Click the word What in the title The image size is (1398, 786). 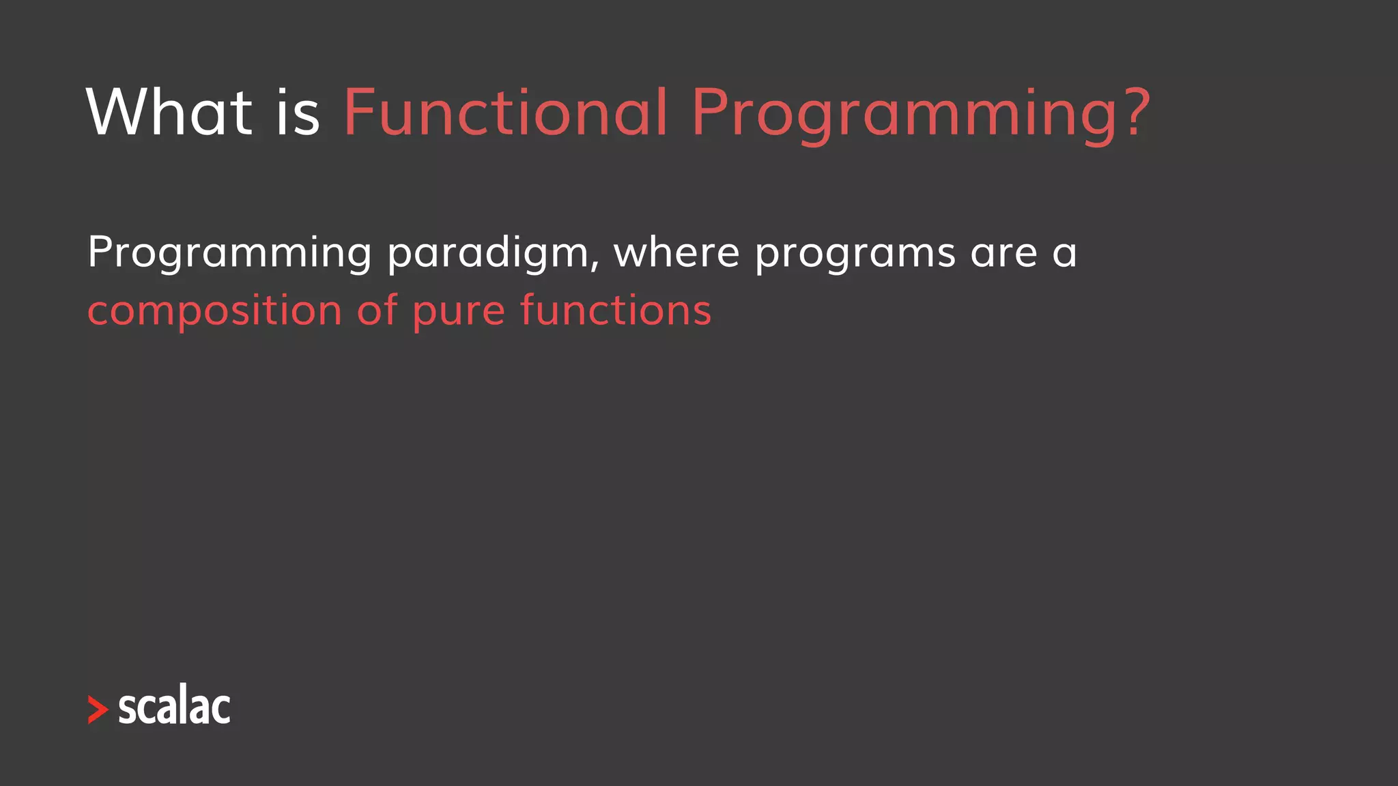pyautogui.click(x=169, y=112)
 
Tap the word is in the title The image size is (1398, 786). pyautogui.click(x=298, y=112)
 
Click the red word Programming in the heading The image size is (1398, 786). pyautogui.click(x=905, y=112)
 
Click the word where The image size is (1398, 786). pyautogui.click(x=676, y=252)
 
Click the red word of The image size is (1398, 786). pyautogui.click(x=377, y=310)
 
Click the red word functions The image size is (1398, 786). pyautogui.click(x=616, y=310)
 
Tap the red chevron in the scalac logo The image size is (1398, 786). pyautogui.click(x=98, y=710)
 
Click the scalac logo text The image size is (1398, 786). pyautogui.click(x=175, y=705)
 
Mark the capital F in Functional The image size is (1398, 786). pyautogui.click(x=359, y=112)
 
